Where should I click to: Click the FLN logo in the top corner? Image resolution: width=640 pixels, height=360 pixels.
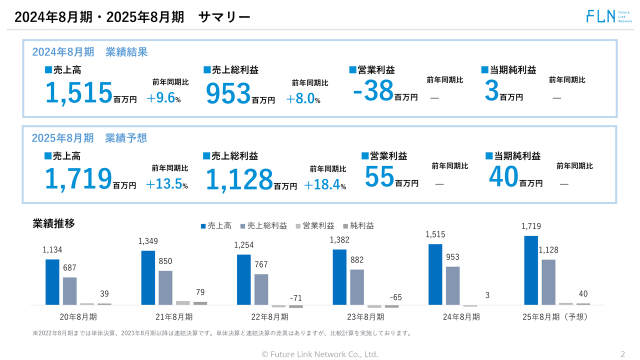(608, 16)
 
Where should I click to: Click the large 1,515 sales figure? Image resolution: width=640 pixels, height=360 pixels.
(78, 93)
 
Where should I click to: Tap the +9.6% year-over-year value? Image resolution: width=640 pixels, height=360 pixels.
(163, 98)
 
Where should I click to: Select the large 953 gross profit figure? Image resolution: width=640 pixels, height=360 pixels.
(228, 93)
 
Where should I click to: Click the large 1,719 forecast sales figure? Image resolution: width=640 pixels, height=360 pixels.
(78, 179)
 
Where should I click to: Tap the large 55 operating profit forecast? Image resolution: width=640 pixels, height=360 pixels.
(379, 177)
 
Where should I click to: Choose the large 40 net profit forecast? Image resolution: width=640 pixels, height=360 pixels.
(503, 177)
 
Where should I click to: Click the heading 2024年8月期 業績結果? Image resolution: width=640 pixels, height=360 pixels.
(89, 52)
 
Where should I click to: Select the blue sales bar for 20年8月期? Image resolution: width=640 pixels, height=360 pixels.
(52, 282)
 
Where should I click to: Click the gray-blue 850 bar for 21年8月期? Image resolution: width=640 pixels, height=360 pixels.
(165, 287)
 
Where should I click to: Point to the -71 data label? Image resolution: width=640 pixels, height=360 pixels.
(296, 298)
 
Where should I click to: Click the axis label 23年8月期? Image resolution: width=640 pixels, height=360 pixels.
(365, 317)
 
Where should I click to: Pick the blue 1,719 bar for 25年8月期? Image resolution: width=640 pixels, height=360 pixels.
(531, 270)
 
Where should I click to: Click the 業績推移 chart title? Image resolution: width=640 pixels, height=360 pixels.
(53, 224)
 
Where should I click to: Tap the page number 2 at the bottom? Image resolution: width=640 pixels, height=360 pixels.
(622, 354)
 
